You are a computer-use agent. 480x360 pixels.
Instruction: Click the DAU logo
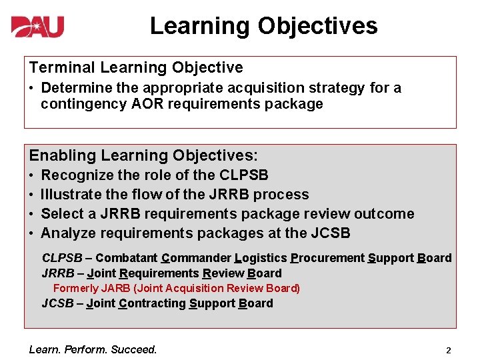37,27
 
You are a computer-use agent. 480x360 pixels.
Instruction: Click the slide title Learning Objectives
263,26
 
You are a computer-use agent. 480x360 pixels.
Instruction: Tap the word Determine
73,88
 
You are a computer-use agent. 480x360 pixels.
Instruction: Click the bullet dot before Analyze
32,233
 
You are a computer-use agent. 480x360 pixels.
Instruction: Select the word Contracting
153,303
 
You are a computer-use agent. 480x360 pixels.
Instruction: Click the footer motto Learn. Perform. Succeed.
93,349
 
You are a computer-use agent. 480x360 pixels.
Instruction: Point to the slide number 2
449,350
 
